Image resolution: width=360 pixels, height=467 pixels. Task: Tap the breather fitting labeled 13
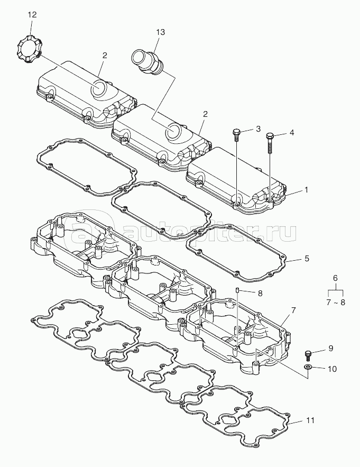[148, 62]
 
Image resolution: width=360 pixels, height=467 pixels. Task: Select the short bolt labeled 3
[236, 135]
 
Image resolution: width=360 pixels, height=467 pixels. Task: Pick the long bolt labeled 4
[270, 143]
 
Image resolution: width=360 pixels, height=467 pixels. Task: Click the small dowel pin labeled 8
[237, 290]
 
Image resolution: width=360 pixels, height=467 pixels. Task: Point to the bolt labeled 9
[308, 356]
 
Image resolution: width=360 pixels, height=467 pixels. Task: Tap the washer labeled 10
[308, 367]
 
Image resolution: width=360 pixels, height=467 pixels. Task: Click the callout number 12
[32, 15]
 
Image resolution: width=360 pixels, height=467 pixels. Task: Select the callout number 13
[161, 32]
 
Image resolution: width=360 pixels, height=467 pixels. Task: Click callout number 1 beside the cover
[307, 190]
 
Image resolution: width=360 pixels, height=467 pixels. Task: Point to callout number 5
[307, 258]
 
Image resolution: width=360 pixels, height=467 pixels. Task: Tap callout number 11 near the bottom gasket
[310, 420]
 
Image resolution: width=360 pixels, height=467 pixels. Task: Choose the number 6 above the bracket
[335, 278]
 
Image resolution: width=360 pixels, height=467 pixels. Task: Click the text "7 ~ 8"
[336, 303]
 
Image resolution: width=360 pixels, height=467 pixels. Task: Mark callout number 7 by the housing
[293, 310]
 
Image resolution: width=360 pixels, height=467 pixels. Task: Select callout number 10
[332, 369]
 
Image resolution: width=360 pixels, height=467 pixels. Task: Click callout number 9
[331, 348]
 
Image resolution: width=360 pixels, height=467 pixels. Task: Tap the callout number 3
[258, 129]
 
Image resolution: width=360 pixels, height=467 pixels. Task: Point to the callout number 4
[292, 133]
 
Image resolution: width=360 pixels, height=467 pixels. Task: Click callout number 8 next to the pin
[260, 294]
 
